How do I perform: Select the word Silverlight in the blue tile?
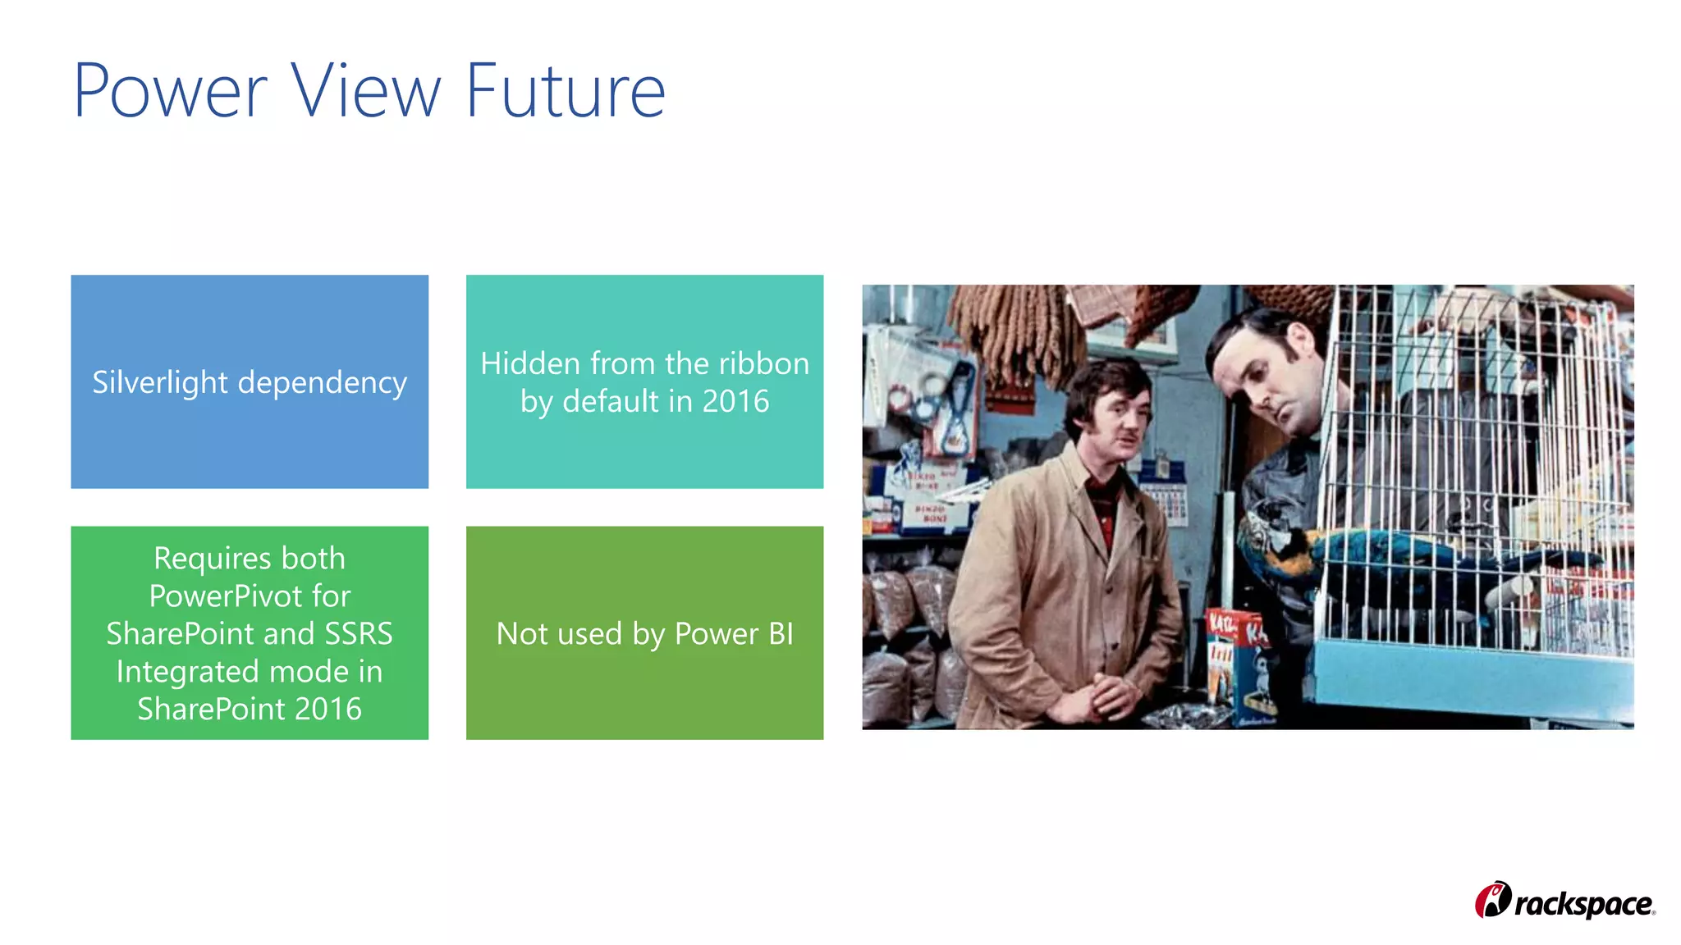tap(160, 383)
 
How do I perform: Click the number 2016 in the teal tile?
tap(735, 401)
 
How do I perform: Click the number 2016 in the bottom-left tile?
tap(327, 709)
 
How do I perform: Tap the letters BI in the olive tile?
tap(781, 634)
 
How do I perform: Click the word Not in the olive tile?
tap(522, 634)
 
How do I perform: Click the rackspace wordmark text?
tap(1583, 904)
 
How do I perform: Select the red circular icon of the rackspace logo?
tap(1493, 901)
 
